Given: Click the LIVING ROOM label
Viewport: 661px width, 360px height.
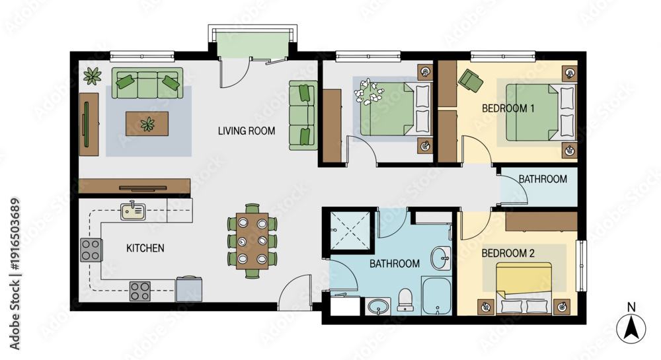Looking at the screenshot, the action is pos(247,131).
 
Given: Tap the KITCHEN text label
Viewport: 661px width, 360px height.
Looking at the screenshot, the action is pos(145,248).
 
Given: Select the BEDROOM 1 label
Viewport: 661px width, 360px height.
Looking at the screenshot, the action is pos(508,108).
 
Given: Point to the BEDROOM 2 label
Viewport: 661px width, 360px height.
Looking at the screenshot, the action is pos(508,253).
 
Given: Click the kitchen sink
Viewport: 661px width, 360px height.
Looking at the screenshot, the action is pos(134,211).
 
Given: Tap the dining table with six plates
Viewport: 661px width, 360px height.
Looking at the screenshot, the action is pos(252,241).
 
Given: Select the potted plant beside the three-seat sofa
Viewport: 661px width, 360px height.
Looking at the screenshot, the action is pos(93,76).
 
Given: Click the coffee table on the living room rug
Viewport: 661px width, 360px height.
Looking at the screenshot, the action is pos(147,124).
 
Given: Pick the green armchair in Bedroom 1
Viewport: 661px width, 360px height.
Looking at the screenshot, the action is pos(471,81).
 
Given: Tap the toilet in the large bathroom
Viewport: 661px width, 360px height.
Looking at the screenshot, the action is pos(405,300).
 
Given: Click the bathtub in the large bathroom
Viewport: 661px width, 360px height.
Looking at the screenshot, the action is pos(437,296).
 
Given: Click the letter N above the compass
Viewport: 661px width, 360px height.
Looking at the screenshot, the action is pos(631,307).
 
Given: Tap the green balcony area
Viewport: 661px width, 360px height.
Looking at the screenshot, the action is pos(252,45).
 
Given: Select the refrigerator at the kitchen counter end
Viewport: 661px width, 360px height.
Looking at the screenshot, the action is pos(188,289).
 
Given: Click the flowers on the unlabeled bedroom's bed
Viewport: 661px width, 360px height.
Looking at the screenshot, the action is pos(368,91).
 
